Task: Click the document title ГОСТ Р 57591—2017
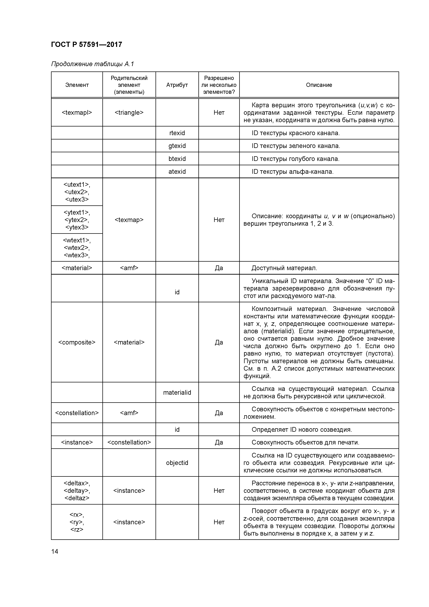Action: click(x=86, y=44)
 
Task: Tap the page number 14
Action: click(x=55, y=551)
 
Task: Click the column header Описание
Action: click(x=319, y=85)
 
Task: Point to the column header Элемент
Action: click(x=77, y=85)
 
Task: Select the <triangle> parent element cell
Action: click(x=129, y=113)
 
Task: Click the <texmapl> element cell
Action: click(x=77, y=113)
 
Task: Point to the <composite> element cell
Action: click(x=77, y=342)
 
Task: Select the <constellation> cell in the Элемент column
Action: click(x=77, y=413)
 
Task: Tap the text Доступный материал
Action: click(x=284, y=268)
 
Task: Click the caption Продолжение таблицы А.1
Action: click(x=93, y=64)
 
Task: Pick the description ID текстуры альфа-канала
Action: click(x=292, y=172)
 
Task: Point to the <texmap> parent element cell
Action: click(x=129, y=220)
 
